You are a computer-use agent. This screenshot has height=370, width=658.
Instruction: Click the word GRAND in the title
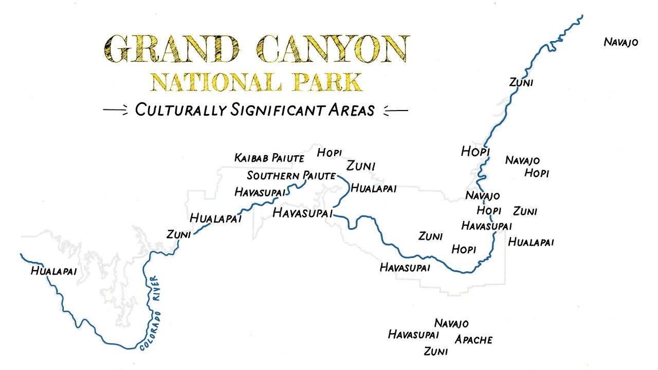173,49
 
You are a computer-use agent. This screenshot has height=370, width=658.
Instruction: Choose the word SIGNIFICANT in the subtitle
274,109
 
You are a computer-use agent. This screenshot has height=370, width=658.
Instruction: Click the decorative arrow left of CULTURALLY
115,110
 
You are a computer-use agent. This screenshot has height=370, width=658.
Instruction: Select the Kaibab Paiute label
269,158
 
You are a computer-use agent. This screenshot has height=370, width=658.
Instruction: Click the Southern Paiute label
291,176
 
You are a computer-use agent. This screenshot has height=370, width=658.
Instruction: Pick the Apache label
473,340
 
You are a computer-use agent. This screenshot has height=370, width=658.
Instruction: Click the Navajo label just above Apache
451,323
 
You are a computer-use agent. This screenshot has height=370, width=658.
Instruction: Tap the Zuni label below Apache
435,351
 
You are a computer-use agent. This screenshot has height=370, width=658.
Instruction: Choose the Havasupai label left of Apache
413,335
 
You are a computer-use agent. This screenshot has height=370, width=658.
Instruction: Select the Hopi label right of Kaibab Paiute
329,153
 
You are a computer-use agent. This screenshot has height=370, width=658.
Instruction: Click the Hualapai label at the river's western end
53,271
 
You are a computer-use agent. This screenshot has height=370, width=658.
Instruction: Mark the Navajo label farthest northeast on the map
621,42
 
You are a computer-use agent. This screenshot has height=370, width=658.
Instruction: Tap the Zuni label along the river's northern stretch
521,82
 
